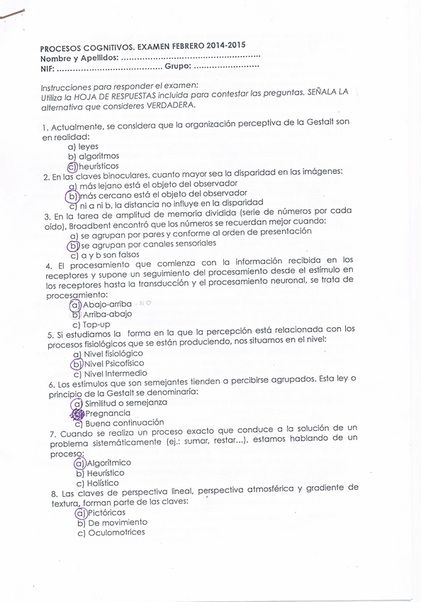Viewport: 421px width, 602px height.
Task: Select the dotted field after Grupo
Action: pos(226,66)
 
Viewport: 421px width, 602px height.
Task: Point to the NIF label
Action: pos(47,70)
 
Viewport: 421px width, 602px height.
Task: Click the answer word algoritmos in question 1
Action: pos(99,156)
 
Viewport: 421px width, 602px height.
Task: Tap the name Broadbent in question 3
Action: pos(89,223)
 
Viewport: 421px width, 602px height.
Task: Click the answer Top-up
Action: pos(97,324)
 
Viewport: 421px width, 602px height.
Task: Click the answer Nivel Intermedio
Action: pos(116,373)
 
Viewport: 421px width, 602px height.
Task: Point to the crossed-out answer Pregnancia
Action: pos(108,412)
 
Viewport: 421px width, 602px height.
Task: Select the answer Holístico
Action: pos(103,483)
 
